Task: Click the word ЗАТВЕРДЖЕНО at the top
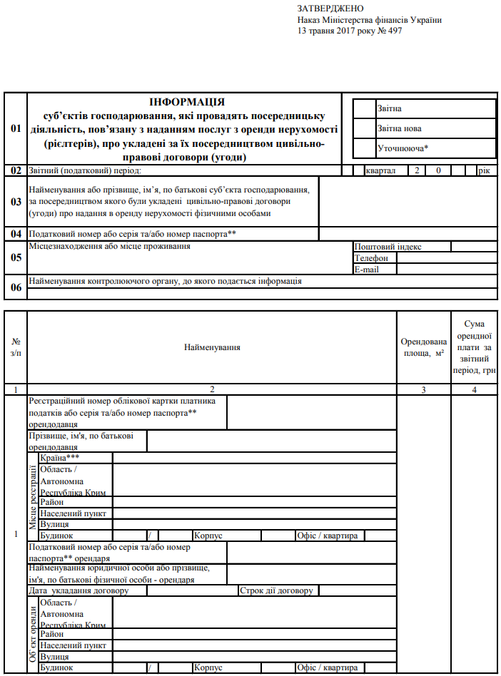point(330,8)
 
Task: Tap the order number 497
point(393,31)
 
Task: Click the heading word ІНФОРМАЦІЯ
point(187,103)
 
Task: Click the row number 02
point(16,171)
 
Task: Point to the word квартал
point(380,171)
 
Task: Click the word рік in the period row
point(485,171)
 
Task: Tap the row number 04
point(16,234)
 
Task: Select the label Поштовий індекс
point(388,247)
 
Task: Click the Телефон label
point(371,258)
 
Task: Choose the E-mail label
point(366,270)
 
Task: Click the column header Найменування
point(212,347)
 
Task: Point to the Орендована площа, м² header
point(423,347)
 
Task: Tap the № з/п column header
point(16,347)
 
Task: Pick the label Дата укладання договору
point(79,591)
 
